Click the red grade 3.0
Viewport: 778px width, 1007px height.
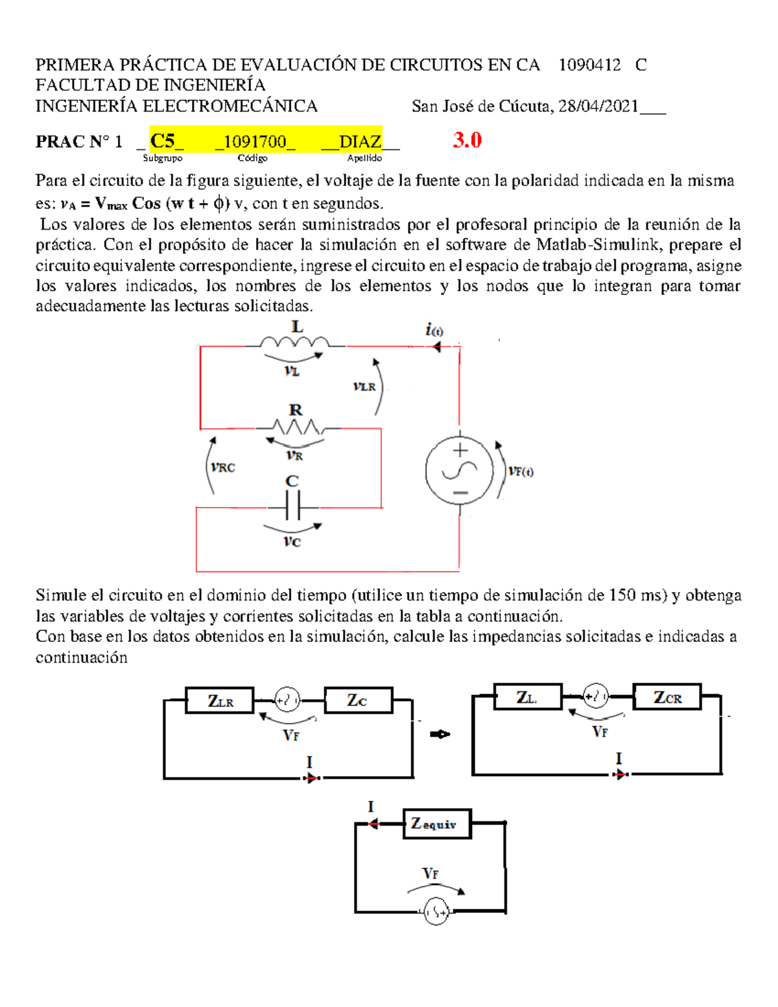click(x=467, y=140)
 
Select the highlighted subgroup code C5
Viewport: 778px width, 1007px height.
click(x=163, y=141)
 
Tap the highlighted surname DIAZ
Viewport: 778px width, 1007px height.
click(x=360, y=141)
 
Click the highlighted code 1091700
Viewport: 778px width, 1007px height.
click(x=255, y=141)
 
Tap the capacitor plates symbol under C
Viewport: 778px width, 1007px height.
click(x=292, y=505)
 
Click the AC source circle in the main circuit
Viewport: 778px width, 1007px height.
click(x=460, y=471)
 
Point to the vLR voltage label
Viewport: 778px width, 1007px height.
click(x=364, y=386)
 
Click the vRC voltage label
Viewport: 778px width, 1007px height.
click(x=223, y=467)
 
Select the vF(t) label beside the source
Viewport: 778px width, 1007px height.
click(x=521, y=471)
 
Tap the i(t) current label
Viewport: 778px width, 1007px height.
click(x=434, y=330)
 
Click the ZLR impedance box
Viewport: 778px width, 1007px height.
click(x=220, y=701)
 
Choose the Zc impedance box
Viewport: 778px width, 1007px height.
click(x=358, y=701)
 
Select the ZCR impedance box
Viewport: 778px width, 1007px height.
click(x=667, y=698)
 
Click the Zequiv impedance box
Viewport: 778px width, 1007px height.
click(x=437, y=824)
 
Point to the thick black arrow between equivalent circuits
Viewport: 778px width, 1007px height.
click(x=440, y=734)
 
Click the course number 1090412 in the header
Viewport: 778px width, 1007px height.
click(x=589, y=65)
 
